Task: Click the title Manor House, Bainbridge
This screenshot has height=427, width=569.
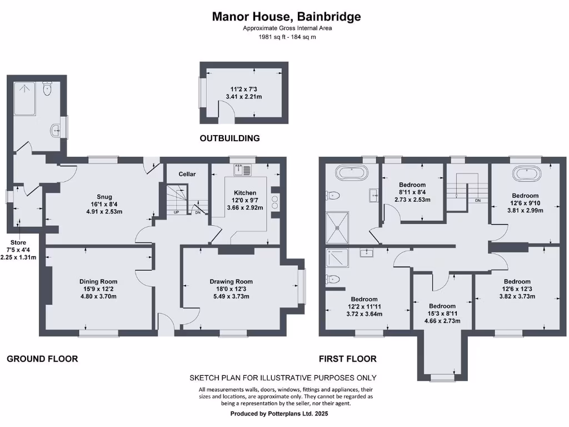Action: coord(286,17)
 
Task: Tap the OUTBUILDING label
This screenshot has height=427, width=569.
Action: coord(230,138)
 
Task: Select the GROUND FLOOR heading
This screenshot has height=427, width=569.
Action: coord(42,359)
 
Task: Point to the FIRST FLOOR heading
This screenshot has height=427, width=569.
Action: coord(348,359)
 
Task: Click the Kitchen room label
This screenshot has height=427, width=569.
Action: coord(245,193)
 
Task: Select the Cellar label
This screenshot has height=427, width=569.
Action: coord(187,174)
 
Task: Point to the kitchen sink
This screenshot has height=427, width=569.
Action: coord(243,169)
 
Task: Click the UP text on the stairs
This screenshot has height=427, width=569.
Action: coord(177,212)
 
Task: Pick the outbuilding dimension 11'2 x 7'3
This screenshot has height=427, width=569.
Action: coord(243,89)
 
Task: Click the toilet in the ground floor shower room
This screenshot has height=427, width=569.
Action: coord(48,88)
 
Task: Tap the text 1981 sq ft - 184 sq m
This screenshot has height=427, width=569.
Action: coord(287,37)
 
